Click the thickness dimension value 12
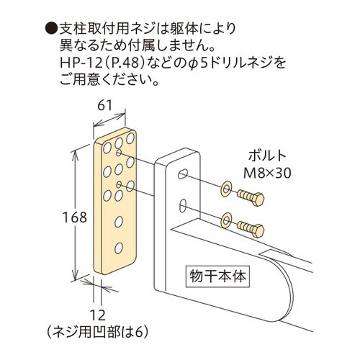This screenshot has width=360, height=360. coord(97,314)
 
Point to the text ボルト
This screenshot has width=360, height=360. coord(267,156)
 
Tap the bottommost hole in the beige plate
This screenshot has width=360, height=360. coord(119,244)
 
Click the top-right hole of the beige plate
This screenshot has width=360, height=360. coord(130,138)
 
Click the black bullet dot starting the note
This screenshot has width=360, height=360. coord(50,30)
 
